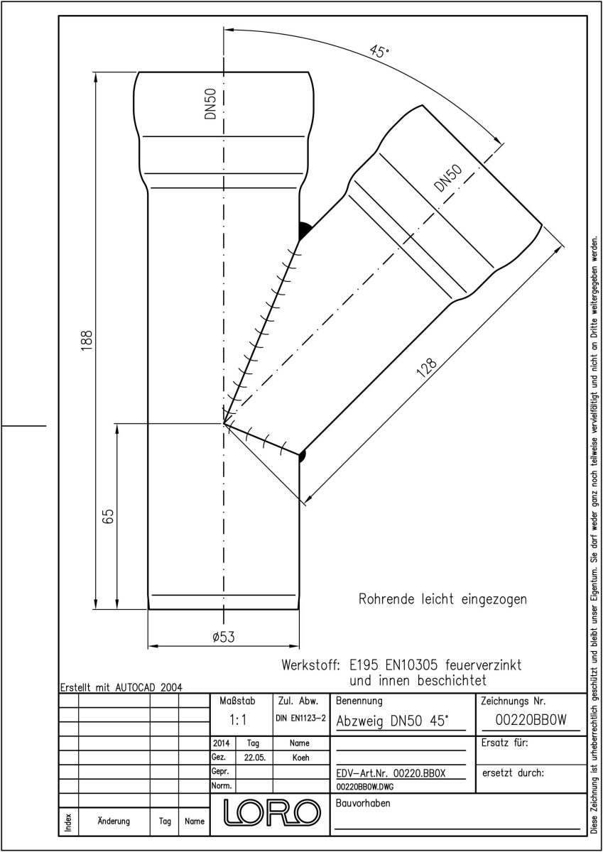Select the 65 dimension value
pos(109,517)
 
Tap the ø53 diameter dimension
pos(224,637)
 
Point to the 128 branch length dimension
pos(428,368)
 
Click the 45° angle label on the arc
pos(379,51)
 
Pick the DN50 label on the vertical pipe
pos(210,104)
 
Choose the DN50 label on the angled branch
pos(448,177)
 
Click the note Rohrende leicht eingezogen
pos(442,599)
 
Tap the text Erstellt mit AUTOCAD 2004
pos(121,688)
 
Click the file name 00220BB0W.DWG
pos(365,787)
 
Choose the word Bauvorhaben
pos(363,803)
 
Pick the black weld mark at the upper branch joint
pos(305,231)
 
